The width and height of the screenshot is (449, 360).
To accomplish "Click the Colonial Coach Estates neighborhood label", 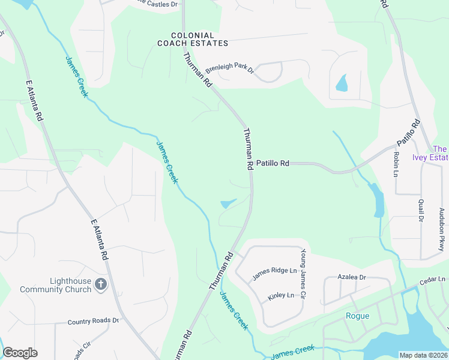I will tap(193, 40).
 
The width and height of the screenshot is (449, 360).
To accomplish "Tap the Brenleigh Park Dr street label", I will tap(231, 70).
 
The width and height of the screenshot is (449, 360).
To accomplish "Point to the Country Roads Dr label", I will tap(93, 321).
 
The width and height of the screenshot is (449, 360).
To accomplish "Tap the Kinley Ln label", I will tap(282, 295).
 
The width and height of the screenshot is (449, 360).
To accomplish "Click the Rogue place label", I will tap(358, 316).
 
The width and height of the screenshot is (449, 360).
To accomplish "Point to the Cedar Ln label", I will tap(433, 280).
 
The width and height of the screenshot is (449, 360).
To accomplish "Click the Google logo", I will tap(20, 353).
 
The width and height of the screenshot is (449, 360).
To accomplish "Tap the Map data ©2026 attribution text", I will tap(423, 355).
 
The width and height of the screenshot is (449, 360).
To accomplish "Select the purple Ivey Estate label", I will tap(435, 154).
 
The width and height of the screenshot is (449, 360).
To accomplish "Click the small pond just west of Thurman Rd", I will tap(228, 204).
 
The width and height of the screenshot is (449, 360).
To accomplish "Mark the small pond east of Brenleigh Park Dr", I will tap(342, 83).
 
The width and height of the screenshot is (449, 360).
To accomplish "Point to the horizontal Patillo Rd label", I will tap(273, 163).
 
